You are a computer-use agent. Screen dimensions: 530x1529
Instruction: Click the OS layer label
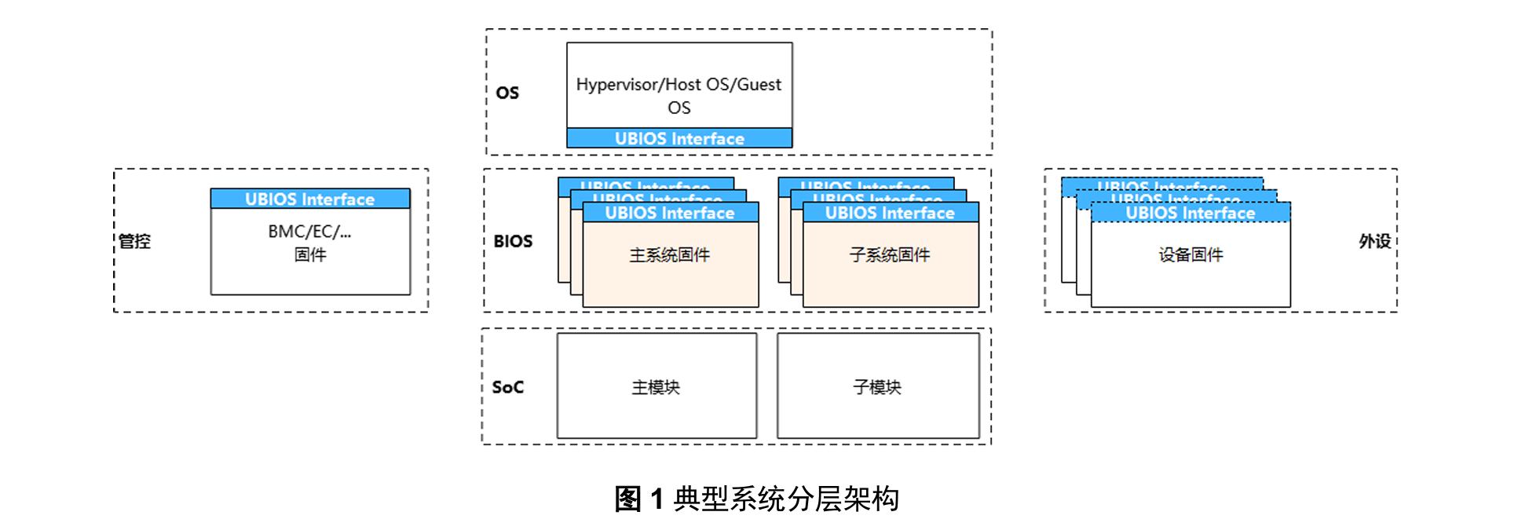(x=507, y=93)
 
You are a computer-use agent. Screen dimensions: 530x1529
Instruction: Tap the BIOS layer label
(x=513, y=241)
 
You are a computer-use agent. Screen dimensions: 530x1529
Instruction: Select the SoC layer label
(x=507, y=387)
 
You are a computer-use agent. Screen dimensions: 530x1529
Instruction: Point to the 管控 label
(x=134, y=241)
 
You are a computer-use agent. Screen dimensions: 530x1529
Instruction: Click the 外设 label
(x=1374, y=241)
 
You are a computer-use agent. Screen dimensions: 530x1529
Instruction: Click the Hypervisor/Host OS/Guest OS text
(x=679, y=95)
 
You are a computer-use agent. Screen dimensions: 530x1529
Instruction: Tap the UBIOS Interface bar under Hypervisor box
(x=679, y=139)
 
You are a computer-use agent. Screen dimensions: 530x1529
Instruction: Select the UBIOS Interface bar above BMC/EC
(x=309, y=199)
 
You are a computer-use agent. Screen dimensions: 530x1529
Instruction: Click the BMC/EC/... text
(x=309, y=232)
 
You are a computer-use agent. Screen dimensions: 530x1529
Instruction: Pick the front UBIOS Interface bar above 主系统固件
(x=670, y=213)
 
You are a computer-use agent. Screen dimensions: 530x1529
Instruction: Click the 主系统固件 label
(x=670, y=254)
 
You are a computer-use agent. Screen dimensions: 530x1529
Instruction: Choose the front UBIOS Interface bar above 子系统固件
(x=890, y=213)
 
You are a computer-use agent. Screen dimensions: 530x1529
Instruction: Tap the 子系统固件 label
(x=890, y=254)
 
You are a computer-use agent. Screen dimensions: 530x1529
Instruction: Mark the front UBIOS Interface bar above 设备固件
(x=1191, y=213)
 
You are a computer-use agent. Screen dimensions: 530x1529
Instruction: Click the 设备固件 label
(x=1191, y=254)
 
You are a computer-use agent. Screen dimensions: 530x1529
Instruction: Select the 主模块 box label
(x=656, y=387)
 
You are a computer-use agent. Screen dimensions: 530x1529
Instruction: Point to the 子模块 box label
(x=877, y=387)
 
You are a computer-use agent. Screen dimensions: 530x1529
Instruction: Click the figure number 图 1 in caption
(x=639, y=499)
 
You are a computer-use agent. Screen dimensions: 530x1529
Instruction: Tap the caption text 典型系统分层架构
(x=786, y=499)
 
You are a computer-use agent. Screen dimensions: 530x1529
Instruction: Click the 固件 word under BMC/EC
(x=309, y=254)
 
